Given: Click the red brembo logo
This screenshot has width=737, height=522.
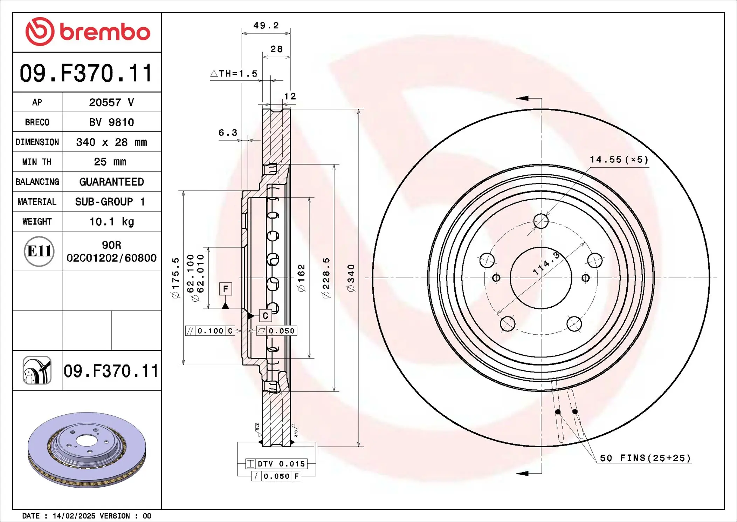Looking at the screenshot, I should [x=88, y=32].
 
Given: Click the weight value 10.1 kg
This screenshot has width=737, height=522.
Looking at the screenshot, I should [x=111, y=222].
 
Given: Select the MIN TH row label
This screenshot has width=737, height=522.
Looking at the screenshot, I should [x=37, y=162].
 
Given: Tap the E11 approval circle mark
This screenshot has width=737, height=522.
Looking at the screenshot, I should [x=39, y=251].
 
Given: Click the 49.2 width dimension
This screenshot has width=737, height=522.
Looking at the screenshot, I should [x=266, y=26].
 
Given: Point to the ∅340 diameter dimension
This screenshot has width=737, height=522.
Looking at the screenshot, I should [x=351, y=278].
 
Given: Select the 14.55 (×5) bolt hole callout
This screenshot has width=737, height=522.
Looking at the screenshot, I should [x=619, y=160].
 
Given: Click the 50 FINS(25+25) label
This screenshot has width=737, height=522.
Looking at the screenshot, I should [x=645, y=458].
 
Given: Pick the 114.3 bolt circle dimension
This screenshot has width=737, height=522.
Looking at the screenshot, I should [x=546, y=263].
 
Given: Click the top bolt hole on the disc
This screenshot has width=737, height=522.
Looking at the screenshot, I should [x=541, y=221].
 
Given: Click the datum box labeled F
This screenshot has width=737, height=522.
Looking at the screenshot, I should [x=225, y=289].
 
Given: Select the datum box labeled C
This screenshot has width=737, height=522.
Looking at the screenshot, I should [x=265, y=316].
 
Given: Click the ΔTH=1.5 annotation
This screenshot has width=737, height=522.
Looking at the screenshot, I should [x=234, y=74].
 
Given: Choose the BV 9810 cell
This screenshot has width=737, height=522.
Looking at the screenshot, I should [x=111, y=122].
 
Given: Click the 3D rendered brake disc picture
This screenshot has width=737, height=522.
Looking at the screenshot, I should [x=87, y=450].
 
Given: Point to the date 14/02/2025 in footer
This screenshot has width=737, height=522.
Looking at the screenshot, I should [x=74, y=516].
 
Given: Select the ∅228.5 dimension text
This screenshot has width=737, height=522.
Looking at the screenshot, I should [x=326, y=278].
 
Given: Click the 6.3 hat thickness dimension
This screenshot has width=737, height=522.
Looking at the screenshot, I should [x=228, y=133].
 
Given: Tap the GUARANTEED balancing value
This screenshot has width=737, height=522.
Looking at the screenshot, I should [x=111, y=182].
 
